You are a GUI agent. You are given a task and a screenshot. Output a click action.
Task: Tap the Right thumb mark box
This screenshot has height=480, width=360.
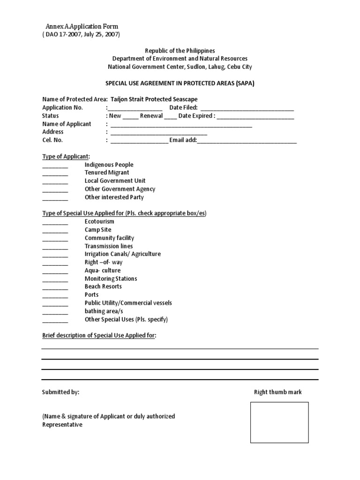(x=279, y=422)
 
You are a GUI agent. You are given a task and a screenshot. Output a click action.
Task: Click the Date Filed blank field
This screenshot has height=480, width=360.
(x=247, y=109)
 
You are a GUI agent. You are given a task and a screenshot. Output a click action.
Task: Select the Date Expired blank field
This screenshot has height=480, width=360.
(x=255, y=117)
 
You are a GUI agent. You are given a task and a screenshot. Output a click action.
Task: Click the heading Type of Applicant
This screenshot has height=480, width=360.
(x=66, y=156)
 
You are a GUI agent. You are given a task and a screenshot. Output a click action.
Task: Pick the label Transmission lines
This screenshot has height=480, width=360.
(x=109, y=246)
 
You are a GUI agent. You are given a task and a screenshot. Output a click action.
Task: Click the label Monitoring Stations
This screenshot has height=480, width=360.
(x=111, y=278)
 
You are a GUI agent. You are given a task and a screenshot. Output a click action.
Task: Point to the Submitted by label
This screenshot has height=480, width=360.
(x=61, y=392)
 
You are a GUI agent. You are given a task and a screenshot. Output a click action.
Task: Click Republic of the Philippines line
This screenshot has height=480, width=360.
(x=180, y=51)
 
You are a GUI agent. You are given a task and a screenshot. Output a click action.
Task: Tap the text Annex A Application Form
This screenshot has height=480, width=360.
(x=82, y=27)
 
